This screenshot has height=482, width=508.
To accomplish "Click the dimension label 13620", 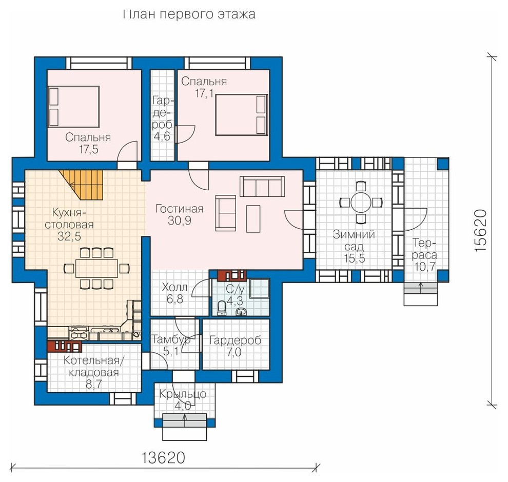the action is pyautogui.click(x=163, y=457).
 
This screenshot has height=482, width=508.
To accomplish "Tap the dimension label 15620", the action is pyautogui.click(x=480, y=230).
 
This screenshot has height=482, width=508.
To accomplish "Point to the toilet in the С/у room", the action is pyautogui.click(x=222, y=308).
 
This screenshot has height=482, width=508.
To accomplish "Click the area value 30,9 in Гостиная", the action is pyautogui.click(x=179, y=221).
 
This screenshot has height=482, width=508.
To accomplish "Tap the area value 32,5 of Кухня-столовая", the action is pyautogui.click(x=69, y=236).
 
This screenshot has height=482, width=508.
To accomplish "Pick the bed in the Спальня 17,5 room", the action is pyautogui.click(x=73, y=107).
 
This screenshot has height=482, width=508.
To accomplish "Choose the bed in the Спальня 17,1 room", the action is pyautogui.click(x=242, y=114).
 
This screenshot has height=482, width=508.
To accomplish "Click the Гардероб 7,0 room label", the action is pyautogui.click(x=235, y=346).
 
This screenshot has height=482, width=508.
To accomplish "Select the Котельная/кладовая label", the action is pyautogui.click(x=94, y=366).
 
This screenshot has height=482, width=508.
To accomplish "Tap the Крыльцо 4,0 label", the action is pyautogui.click(x=183, y=399).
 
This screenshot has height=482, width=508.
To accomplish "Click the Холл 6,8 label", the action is pyautogui.click(x=174, y=293).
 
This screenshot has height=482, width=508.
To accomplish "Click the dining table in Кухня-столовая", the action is pyautogui.click(x=96, y=268).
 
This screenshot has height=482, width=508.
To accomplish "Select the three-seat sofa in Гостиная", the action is pyautogui.click(x=262, y=187).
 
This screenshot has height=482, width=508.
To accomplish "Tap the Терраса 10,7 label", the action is pyautogui.click(x=424, y=255).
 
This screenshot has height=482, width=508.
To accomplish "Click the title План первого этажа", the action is pyautogui.click(x=189, y=14).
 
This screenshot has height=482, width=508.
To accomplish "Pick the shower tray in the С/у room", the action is pyautogui.click(x=260, y=288).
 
